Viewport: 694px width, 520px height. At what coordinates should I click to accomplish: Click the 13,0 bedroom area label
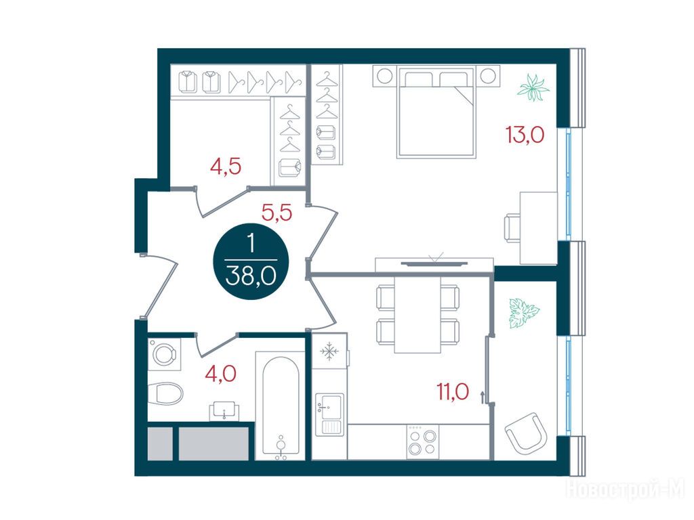pos(525,135)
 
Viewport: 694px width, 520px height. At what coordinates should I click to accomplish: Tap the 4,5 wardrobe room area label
pos(225,167)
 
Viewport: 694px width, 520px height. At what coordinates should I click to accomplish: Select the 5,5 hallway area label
pos(277,213)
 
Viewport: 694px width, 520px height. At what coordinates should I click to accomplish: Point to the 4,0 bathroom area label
pos(220,374)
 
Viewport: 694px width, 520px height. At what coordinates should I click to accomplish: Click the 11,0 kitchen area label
pos(453,391)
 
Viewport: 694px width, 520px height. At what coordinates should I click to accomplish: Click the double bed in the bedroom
pos(436,112)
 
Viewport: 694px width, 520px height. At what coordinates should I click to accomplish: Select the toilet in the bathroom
pos(165,393)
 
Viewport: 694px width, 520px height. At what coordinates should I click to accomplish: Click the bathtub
pos(280,406)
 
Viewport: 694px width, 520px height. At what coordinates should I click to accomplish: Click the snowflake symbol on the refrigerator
pos(329,352)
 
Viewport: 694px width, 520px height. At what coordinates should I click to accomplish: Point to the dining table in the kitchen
pos(417,314)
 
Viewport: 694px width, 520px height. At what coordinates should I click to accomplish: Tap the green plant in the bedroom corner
pos(533,88)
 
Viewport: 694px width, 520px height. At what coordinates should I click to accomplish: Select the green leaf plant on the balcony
pos(524,313)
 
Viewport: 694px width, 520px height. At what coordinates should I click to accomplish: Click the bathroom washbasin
pos(224,411)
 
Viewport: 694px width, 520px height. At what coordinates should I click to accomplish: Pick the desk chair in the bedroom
pos(512,227)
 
